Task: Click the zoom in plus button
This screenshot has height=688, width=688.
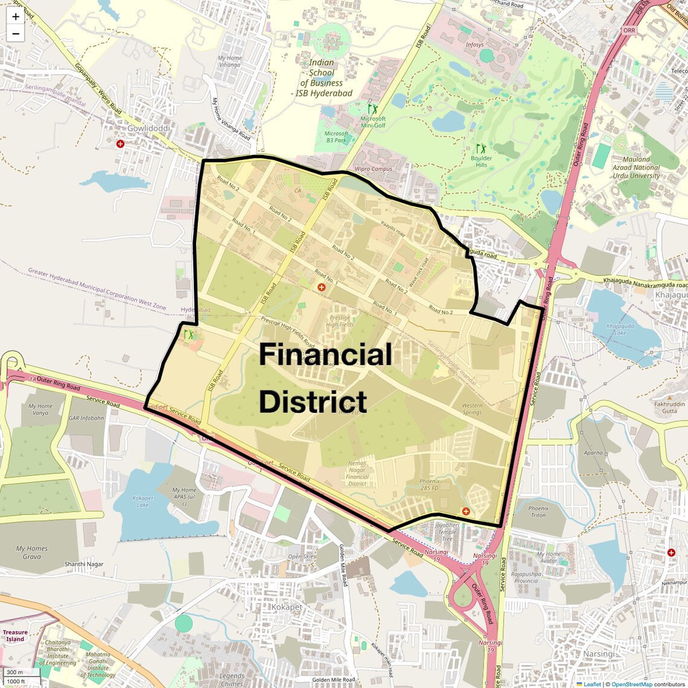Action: pos(16,16)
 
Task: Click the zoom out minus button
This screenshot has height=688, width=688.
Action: pos(16,34)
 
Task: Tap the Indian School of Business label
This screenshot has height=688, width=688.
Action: pos(322,78)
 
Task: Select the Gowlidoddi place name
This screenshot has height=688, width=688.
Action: pos(148,129)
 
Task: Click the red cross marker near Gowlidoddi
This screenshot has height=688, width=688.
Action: pos(120,144)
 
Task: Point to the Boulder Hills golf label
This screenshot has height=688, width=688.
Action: pos(481,161)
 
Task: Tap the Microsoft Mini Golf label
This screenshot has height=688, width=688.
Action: pos(372,121)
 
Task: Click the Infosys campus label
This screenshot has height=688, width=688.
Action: pos(474,45)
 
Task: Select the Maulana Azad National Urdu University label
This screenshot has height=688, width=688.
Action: pos(636,168)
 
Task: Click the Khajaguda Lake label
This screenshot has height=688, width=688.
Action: pos(620,330)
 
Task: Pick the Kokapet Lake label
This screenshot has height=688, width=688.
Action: pos(142,502)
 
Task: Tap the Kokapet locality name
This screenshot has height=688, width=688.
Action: pos(287,607)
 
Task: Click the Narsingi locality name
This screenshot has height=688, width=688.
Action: pos(599,654)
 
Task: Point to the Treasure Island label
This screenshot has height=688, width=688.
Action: pos(15,635)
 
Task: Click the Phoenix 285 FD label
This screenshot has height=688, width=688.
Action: pos(429,485)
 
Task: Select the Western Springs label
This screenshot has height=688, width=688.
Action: pos(472,409)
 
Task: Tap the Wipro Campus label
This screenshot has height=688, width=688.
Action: pos(373,169)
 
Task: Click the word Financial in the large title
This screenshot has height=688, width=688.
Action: pos(325,354)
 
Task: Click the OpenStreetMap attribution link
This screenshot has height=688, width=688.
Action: pos(632,684)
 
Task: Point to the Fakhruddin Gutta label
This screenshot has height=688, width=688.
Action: pos(669,407)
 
